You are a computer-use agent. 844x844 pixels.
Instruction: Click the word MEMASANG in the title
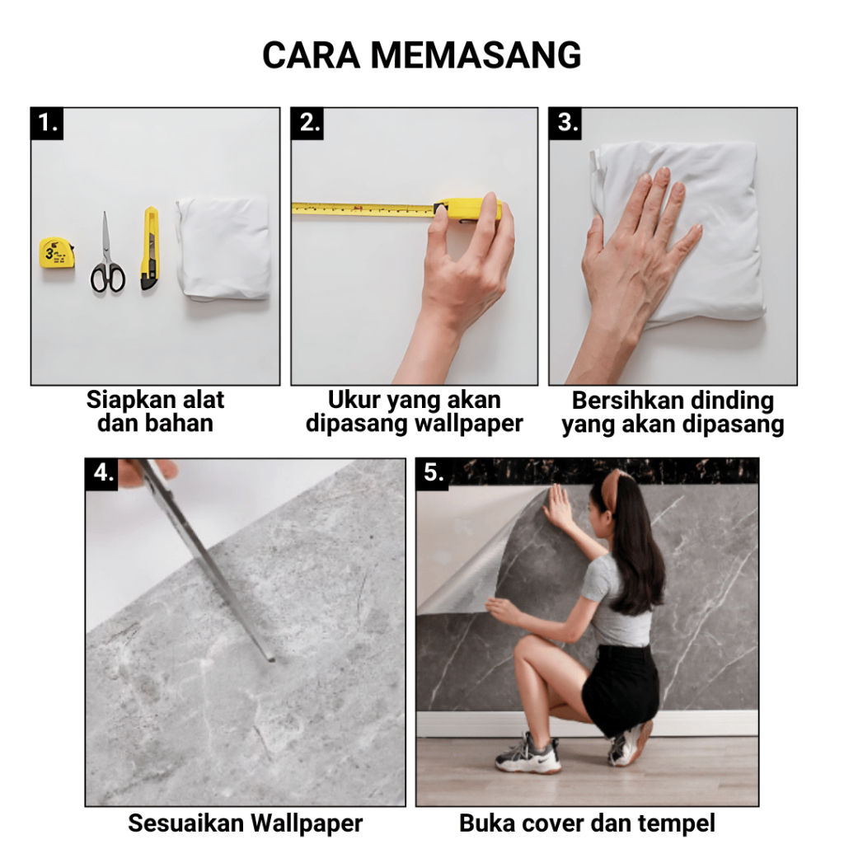tap(476, 55)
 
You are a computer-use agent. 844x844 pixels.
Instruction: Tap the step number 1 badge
tap(47, 124)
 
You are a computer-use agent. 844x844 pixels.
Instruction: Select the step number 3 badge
tap(565, 124)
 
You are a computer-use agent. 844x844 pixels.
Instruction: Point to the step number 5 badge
tap(432, 474)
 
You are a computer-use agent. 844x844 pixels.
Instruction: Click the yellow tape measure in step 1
tap(57, 253)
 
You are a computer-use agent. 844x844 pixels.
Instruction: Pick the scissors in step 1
tap(107, 253)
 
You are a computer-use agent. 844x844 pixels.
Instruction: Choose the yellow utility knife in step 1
tap(150, 249)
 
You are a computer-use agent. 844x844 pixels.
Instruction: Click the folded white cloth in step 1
tap(223, 247)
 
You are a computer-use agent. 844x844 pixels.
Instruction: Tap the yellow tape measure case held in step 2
tap(468, 210)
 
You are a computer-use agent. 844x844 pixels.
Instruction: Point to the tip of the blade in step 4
tap(271, 659)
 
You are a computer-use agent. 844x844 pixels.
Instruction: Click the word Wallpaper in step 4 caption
tap(307, 823)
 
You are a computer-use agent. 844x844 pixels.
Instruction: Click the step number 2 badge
tap(307, 124)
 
